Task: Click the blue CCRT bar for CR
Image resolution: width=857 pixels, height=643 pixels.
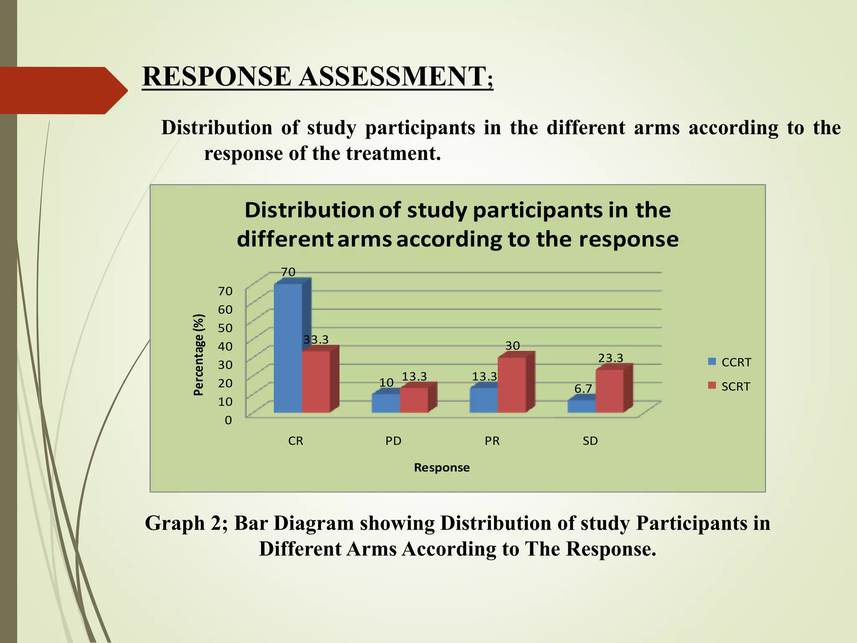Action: (x=288, y=347)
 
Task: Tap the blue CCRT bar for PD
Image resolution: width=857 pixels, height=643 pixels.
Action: (x=386, y=403)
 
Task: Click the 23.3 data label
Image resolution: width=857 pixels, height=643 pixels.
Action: (x=611, y=358)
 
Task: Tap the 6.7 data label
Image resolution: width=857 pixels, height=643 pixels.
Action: (x=583, y=388)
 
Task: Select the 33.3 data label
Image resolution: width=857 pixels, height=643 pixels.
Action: (x=316, y=340)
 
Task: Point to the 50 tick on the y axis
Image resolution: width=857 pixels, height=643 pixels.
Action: (x=225, y=328)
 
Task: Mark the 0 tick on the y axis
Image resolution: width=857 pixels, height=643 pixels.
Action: (x=228, y=420)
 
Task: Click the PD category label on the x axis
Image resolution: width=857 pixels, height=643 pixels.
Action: (x=393, y=441)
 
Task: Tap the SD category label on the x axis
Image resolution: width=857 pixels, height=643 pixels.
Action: (x=590, y=441)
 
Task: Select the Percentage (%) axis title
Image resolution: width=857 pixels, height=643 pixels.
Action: (x=199, y=355)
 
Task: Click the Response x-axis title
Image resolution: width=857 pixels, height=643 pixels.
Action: (x=441, y=468)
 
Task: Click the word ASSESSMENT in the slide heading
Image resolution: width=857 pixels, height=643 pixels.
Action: (x=392, y=77)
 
